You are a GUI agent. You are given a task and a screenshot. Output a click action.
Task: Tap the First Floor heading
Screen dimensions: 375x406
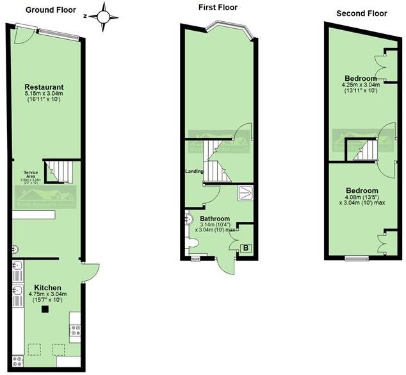click(x=218, y=8)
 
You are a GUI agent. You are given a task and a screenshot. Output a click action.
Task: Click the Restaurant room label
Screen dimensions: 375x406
click(x=44, y=87)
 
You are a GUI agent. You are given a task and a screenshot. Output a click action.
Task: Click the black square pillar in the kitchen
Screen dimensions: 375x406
click(x=45, y=310)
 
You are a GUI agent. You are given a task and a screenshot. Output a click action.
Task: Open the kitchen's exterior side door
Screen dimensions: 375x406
click(x=90, y=272)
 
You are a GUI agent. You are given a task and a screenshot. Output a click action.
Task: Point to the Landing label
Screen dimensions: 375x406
click(x=194, y=171)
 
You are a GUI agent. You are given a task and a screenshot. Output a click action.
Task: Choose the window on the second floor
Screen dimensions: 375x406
click(x=355, y=258)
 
